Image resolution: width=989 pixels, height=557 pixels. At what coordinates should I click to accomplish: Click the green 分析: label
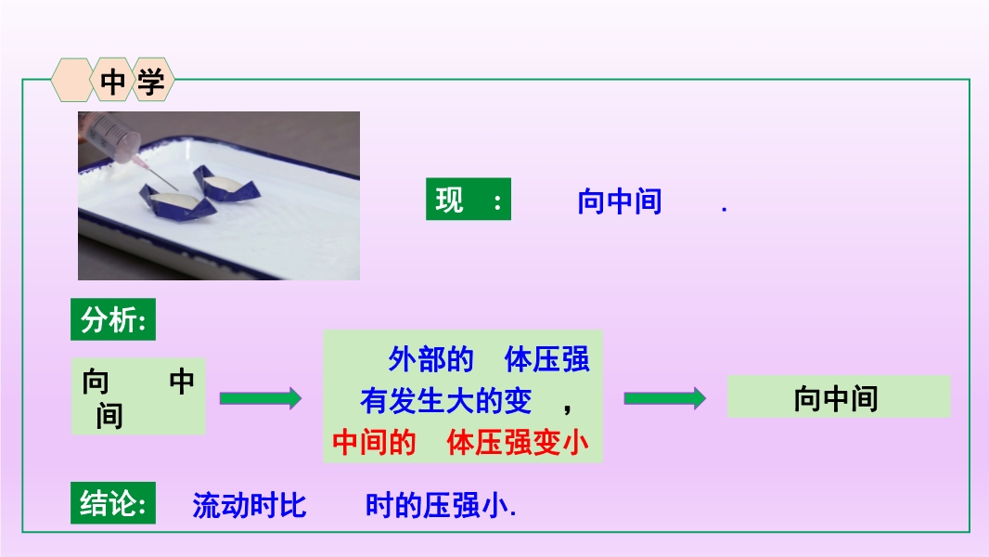click(113, 320)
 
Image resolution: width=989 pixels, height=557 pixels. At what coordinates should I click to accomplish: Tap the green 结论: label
click(113, 503)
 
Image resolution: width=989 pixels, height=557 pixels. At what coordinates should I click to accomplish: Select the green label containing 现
click(468, 200)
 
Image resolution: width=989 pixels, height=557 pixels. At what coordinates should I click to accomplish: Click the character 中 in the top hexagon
click(113, 82)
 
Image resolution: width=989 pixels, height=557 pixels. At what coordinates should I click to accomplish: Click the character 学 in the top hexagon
click(150, 82)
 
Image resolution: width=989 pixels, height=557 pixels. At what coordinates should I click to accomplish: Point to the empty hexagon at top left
click(72, 80)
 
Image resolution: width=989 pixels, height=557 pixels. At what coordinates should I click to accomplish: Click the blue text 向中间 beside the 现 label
click(620, 201)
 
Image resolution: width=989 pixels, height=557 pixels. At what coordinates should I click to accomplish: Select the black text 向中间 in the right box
click(836, 398)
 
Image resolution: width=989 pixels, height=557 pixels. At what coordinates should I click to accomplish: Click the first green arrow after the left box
click(261, 398)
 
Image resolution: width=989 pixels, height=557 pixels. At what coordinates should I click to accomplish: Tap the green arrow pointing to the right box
click(665, 398)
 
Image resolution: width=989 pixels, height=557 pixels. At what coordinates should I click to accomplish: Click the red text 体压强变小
click(518, 442)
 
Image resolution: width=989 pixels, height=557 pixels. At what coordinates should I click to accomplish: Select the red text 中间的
click(374, 442)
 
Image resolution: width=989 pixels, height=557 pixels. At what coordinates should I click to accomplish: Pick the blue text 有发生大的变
click(446, 401)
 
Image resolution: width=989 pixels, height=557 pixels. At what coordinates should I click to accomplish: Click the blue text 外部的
click(430, 359)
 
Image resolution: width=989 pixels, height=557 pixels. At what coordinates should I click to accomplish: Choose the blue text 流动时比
click(250, 505)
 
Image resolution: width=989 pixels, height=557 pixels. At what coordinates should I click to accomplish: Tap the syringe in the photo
click(120, 143)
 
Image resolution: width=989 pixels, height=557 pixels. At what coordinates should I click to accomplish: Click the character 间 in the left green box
click(109, 416)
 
